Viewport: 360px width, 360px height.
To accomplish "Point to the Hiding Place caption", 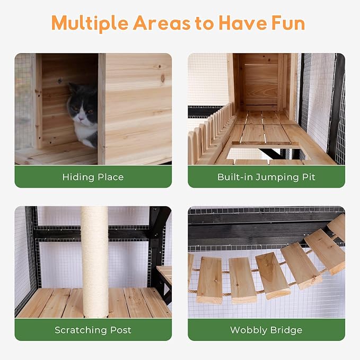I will tap(93, 177).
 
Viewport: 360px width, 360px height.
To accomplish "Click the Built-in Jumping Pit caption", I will tap(266, 177).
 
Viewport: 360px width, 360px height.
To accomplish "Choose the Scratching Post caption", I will tap(93, 330).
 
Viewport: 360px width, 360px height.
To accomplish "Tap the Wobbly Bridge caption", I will tap(266, 330).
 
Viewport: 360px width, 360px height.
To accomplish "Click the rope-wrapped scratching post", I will tap(94, 260).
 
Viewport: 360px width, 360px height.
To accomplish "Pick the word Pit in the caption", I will tap(308, 177).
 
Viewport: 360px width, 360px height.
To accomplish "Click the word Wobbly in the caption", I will tap(248, 330).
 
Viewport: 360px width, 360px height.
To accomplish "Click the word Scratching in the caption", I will tap(81, 330).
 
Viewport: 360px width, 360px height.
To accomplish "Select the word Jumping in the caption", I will tap(276, 177).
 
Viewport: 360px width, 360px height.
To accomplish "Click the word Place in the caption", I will tap(109, 177).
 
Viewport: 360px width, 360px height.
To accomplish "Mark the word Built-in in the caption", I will tap(235, 177).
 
